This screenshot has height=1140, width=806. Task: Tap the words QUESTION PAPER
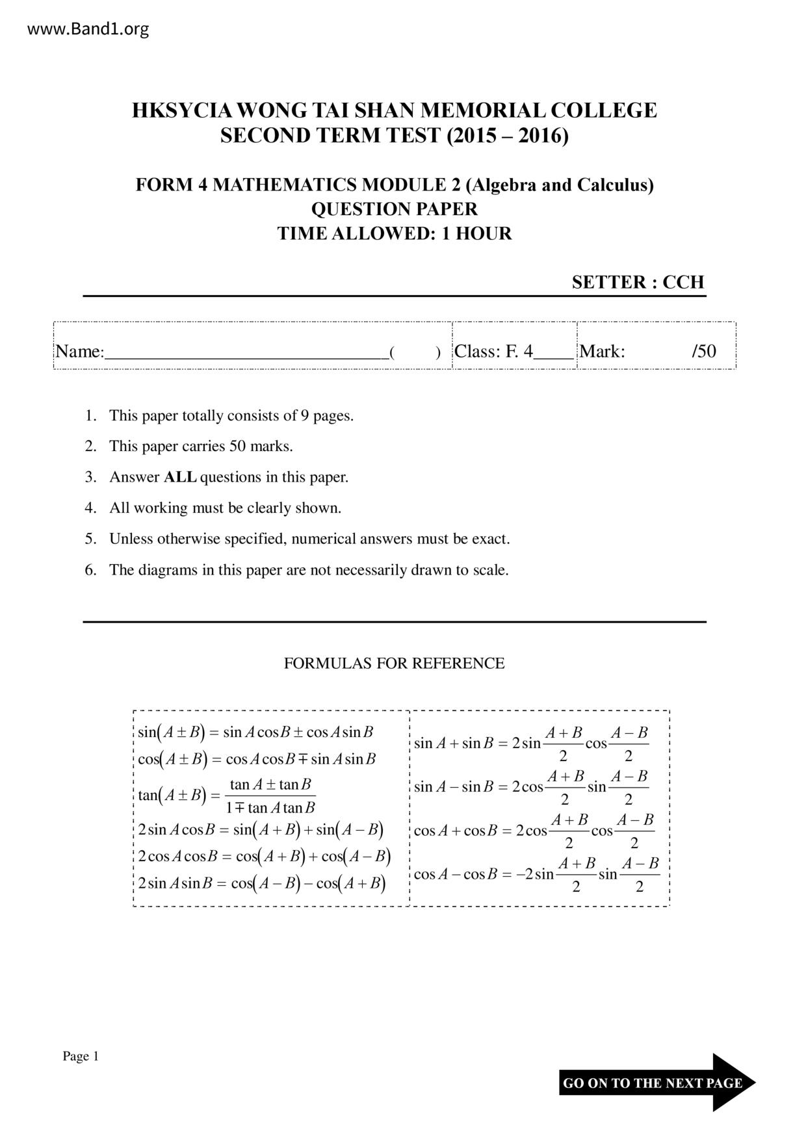coord(394,209)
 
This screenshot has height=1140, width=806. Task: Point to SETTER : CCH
coord(638,282)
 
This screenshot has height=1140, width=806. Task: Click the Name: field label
coord(79,352)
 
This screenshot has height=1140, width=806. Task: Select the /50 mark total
coord(704,352)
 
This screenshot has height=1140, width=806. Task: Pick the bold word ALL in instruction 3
coord(180,477)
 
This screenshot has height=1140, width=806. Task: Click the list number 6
coord(90,570)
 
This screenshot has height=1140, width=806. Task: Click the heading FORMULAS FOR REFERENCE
coord(394,664)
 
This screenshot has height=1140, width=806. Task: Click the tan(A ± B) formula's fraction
coord(270,796)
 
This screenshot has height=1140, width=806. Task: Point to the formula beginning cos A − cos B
coord(536,875)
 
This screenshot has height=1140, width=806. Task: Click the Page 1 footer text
coord(80,1056)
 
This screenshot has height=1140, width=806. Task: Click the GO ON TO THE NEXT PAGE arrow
coord(656,1083)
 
